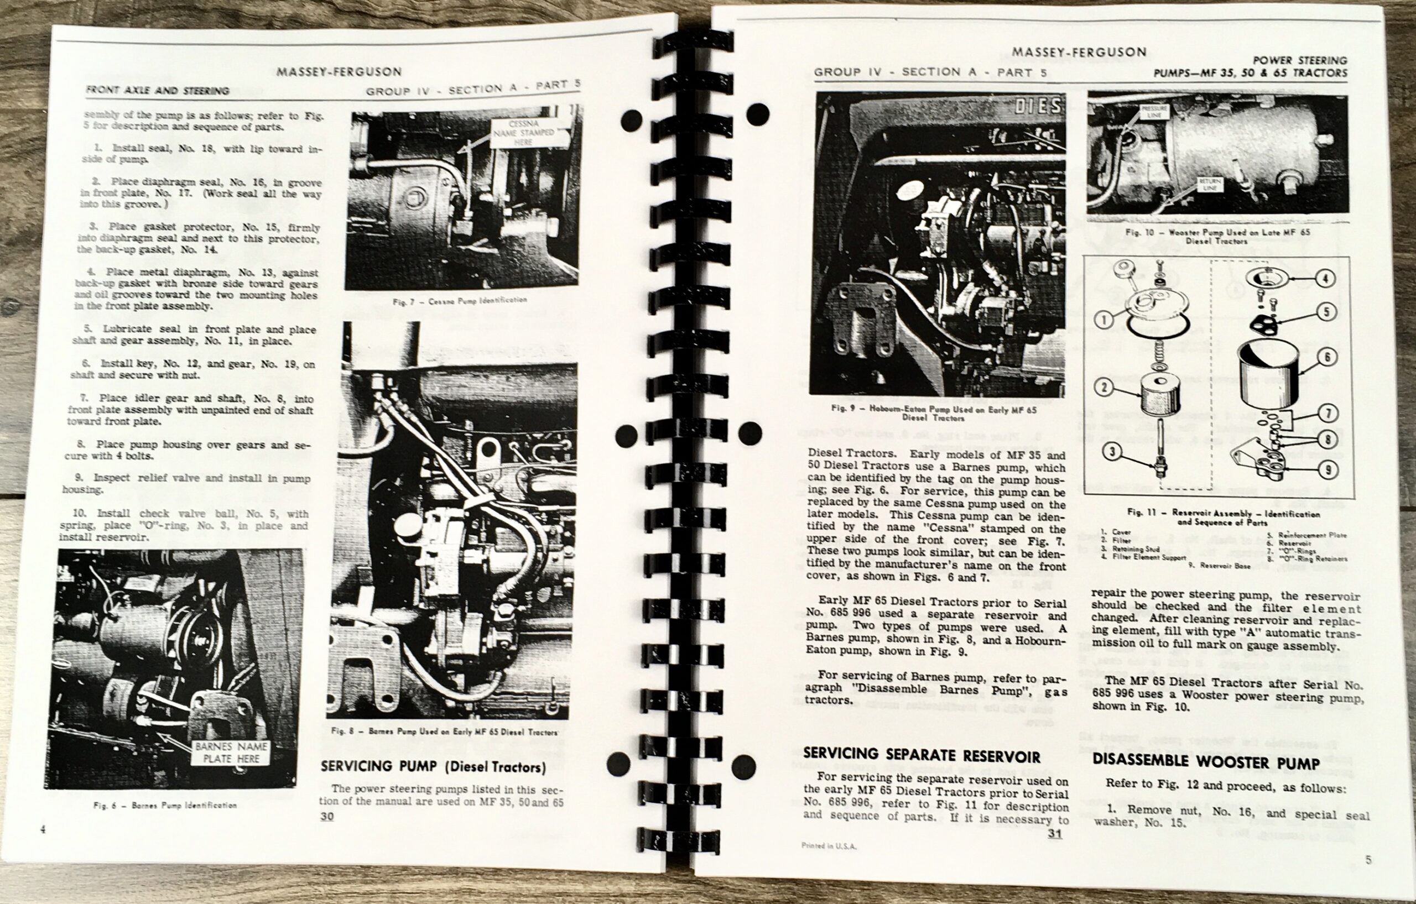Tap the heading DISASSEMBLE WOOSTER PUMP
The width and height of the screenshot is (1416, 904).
(1204, 761)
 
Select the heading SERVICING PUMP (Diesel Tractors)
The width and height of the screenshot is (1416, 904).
(433, 766)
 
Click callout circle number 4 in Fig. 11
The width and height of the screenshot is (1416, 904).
(1325, 278)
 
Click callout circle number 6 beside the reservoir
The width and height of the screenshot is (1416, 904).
(1326, 356)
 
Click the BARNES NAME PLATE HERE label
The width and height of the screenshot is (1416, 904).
(231, 753)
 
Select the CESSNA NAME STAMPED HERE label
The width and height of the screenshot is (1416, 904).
(522, 133)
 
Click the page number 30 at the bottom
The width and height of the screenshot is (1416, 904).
(326, 817)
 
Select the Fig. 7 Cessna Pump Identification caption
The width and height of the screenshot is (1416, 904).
(460, 300)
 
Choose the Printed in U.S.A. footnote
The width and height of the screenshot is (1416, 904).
(829, 846)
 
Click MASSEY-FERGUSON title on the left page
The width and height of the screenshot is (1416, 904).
(339, 72)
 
